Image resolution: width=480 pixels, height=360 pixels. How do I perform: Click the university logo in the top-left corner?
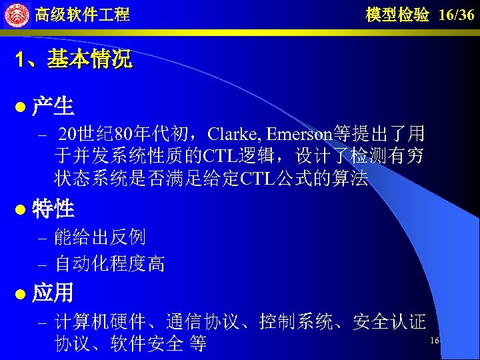tap(17, 15)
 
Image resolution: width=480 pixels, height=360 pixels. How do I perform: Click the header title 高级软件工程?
tap(82, 15)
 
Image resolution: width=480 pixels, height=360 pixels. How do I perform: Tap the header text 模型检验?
tap(397, 15)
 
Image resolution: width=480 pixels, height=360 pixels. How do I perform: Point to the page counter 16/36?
tap(457, 15)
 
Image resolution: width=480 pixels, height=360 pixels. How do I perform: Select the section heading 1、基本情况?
tap(75, 61)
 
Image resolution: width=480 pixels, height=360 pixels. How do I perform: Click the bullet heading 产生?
tap(53, 107)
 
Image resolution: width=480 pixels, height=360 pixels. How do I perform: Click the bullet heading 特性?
tap(53, 209)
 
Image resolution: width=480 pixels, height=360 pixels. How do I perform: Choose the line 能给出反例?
tap(100, 237)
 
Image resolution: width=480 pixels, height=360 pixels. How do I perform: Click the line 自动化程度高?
tap(109, 264)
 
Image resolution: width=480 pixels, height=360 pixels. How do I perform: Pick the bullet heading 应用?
tap(53, 293)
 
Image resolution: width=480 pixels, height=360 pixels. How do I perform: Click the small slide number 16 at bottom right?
tap(434, 341)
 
